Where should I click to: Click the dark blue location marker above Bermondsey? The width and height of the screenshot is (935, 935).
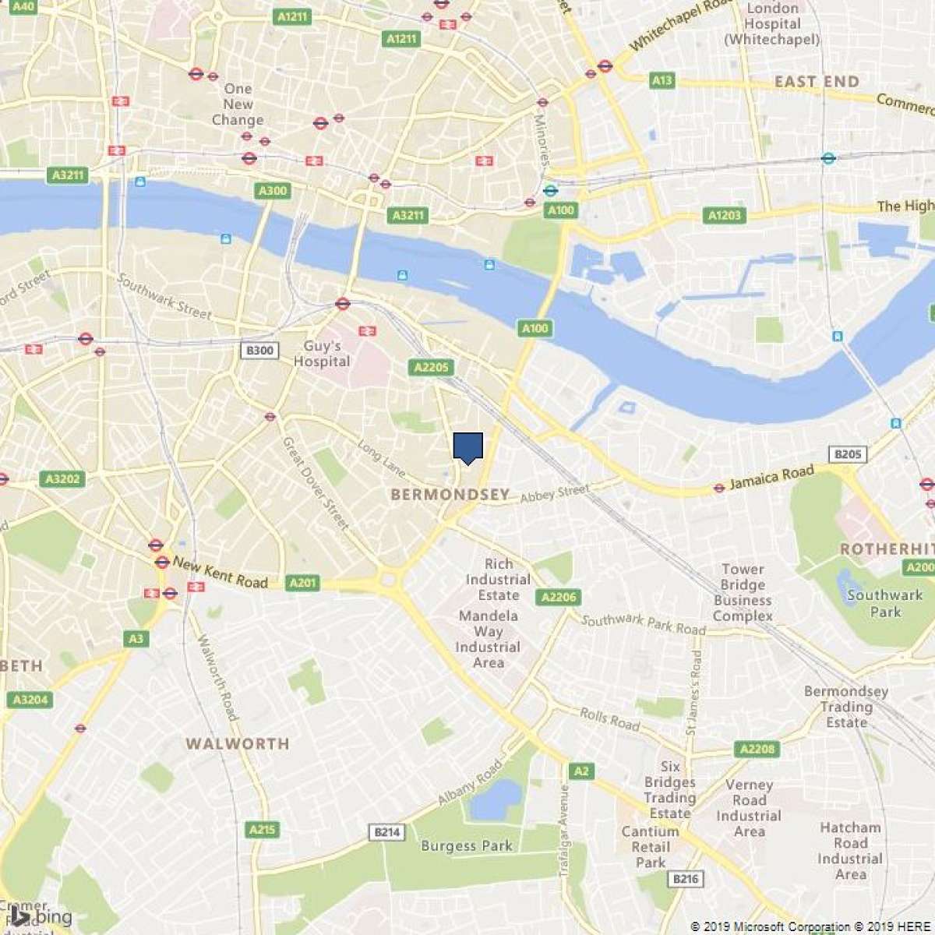[467, 447]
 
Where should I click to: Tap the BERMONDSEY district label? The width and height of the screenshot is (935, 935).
[450, 494]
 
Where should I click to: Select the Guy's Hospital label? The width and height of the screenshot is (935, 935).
[322, 354]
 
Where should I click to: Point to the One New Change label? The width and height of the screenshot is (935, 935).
[238, 104]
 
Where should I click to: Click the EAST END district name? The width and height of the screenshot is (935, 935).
[817, 82]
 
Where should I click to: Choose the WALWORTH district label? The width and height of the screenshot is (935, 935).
[237, 743]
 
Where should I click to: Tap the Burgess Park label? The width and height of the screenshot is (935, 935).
[467, 845]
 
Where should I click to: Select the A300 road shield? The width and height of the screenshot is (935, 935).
[272, 191]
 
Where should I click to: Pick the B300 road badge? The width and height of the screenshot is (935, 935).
[259, 351]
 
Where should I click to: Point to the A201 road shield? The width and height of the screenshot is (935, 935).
[302, 582]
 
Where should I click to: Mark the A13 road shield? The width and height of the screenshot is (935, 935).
[662, 80]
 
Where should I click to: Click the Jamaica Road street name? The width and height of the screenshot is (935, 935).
[771, 477]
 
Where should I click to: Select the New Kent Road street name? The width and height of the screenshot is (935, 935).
[220, 572]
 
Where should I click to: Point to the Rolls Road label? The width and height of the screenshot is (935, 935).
[609, 718]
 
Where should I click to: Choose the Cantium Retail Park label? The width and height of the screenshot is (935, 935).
[650, 847]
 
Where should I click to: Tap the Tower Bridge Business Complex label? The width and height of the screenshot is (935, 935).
[743, 593]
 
